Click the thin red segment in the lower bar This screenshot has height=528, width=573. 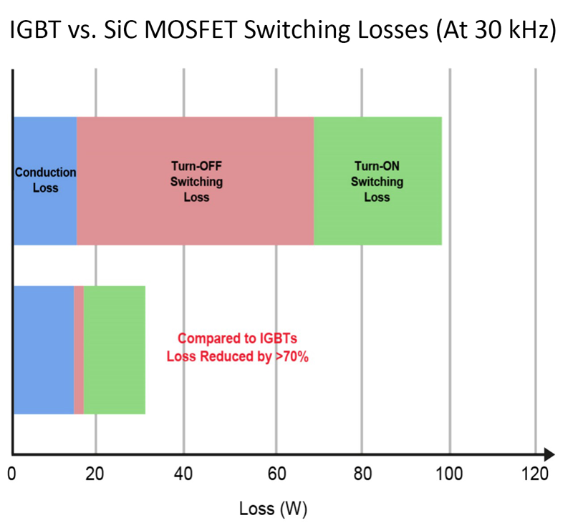79,350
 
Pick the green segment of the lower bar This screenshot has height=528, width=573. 115,350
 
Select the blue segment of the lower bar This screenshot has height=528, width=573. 43,350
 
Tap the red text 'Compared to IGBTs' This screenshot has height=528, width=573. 236,339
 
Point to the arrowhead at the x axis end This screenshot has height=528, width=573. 549,454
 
